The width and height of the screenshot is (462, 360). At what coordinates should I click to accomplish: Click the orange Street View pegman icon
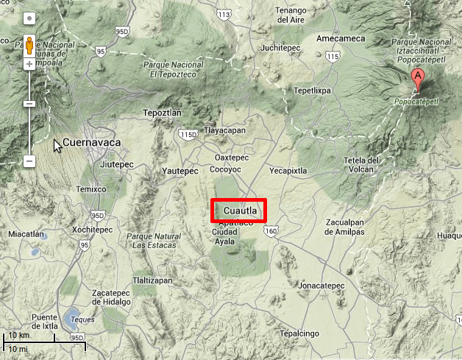[29, 46]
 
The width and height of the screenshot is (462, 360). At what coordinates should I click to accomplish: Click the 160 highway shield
[271, 231]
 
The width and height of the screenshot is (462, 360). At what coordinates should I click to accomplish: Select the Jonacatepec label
[318, 284]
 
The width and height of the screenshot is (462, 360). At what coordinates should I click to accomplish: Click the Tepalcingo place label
[298, 333]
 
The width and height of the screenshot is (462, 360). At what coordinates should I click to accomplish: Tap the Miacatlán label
[26, 234]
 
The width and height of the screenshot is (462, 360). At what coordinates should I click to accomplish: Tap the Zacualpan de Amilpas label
[338, 227]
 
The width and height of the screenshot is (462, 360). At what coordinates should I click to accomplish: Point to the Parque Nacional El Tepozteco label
[175, 69]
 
